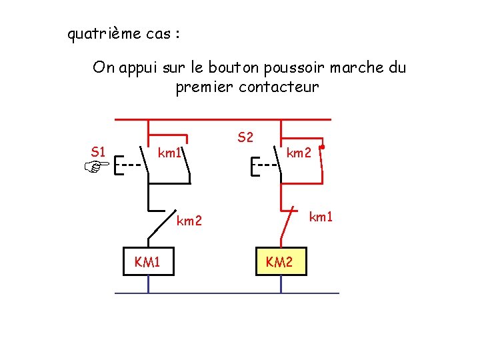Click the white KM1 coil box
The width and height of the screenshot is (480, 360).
pyautogui.click(x=147, y=262)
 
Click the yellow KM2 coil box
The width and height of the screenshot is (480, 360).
pyautogui.click(x=279, y=262)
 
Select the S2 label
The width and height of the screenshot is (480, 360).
pyautogui.click(x=245, y=138)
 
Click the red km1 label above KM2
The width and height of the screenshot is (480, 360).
pyautogui.click(x=321, y=216)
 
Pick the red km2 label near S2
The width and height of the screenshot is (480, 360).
pyautogui.click(x=299, y=154)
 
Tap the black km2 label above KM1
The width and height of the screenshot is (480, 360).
pyautogui.click(x=189, y=221)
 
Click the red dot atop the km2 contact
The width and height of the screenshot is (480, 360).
pyautogui.click(x=322, y=147)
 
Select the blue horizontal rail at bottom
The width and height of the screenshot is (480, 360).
pyautogui.click(x=227, y=293)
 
